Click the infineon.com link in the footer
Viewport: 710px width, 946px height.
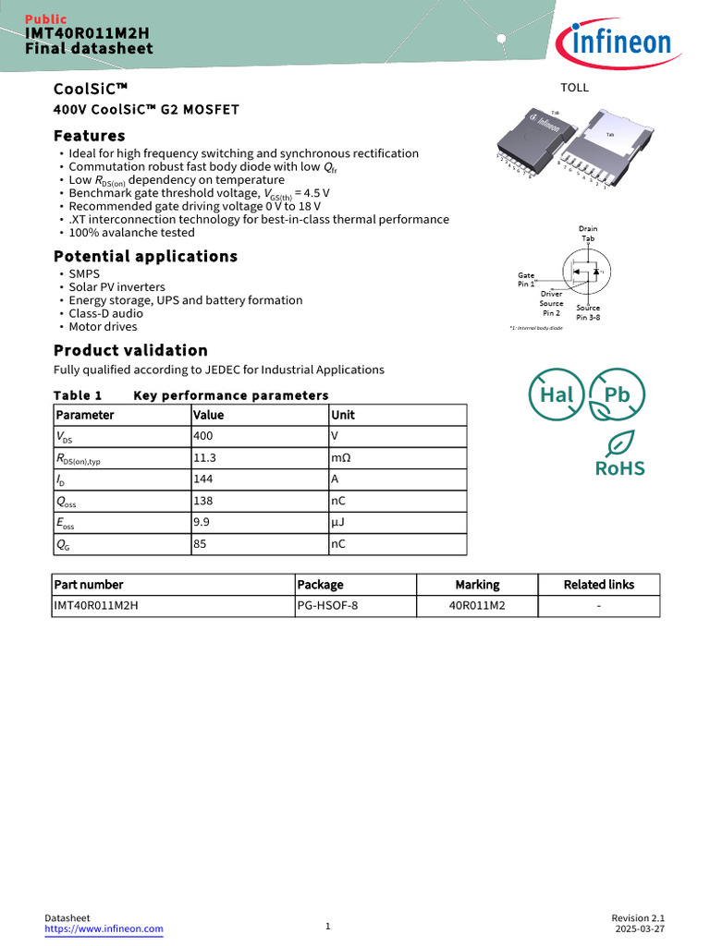click(104, 928)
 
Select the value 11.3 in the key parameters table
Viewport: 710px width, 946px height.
click(204, 457)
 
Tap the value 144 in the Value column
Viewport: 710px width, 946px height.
click(202, 479)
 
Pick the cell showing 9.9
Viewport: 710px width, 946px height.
click(201, 522)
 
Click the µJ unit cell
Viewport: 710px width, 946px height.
click(337, 522)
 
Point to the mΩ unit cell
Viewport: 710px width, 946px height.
click(340, 457)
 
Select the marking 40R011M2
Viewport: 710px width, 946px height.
click(477, 606)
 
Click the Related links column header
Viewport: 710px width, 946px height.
click(598, 585)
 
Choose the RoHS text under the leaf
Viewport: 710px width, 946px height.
click(619, 468)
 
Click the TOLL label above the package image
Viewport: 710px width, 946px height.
click(574, 88)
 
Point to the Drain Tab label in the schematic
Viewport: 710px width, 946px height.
click(588, 234)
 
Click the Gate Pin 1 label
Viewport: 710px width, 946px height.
click(526, 280)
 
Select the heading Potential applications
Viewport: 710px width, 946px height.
click(145, 256)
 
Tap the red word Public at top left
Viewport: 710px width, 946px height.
click(45, 19)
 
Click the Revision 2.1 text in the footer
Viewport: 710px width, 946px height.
click(638, 917)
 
